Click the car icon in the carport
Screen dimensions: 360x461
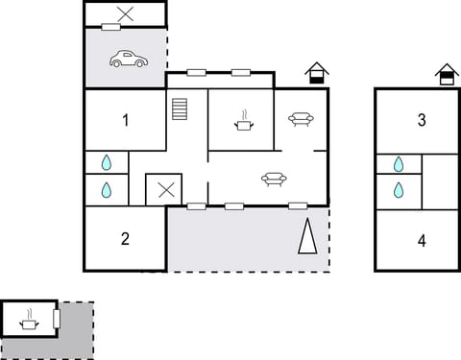tap(128, 60)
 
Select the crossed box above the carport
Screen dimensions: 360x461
tap(125, 13)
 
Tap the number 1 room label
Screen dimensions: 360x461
tap(125, 120)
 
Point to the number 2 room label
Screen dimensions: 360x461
tap(125, 239)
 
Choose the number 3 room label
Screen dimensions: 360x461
tap(422, 120)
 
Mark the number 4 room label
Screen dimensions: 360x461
tap(422, 240)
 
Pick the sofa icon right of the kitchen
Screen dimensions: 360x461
tap(301, 119)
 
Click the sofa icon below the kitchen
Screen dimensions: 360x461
tap(274, 178)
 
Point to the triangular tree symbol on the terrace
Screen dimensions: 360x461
tap(307, 236)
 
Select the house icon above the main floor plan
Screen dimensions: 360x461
tap(316, 73)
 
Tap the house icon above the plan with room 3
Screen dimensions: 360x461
tap(446, 74)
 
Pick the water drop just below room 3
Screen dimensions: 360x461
tap(398, 163)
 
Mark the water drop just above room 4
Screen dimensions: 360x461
tap(398, 190)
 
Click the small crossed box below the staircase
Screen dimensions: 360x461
tap(165, 189)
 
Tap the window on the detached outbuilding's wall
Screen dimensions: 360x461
tap(57, 317)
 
